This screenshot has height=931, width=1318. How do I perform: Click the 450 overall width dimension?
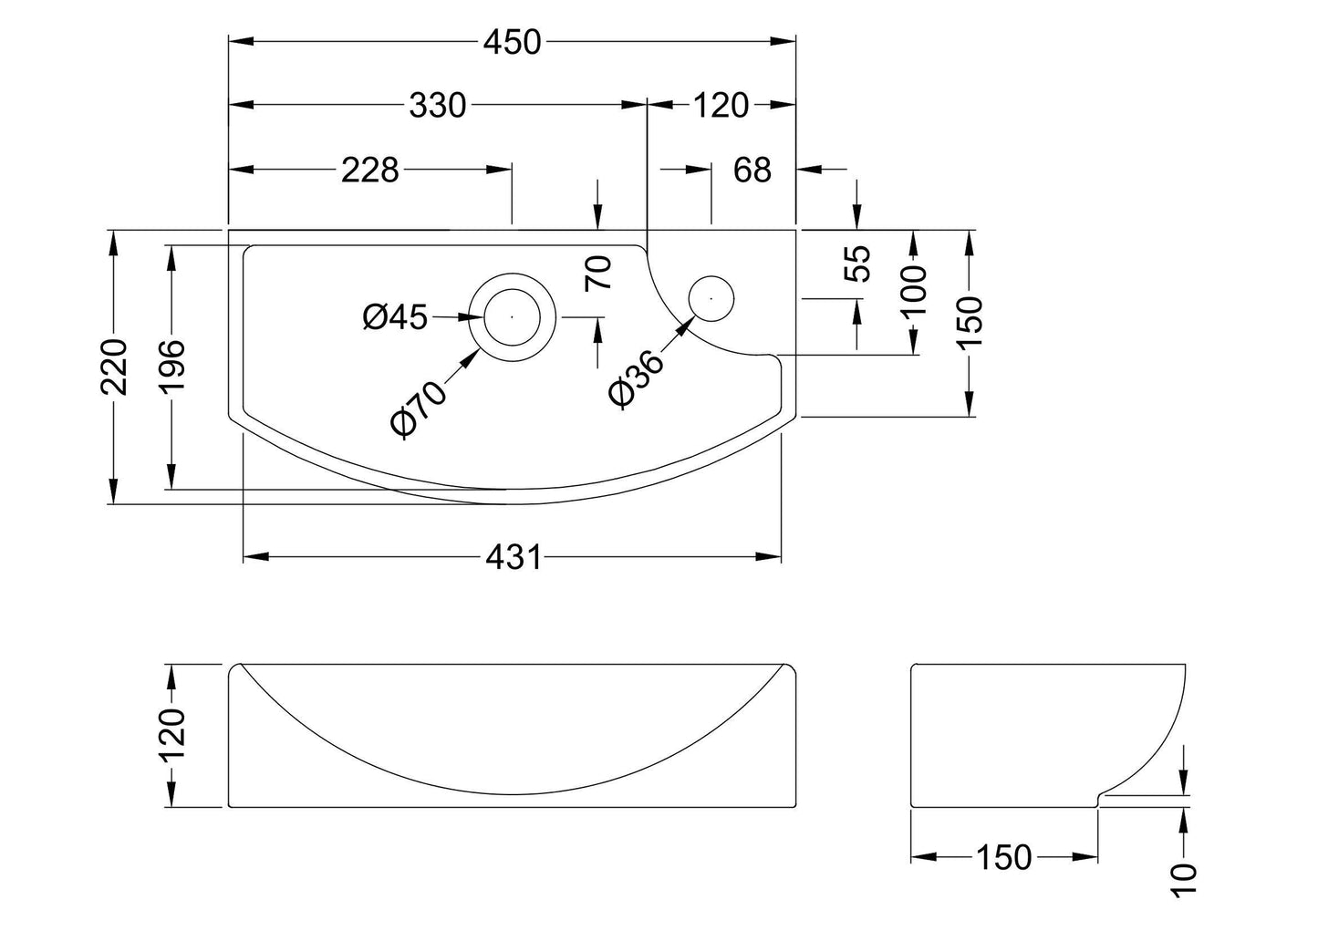tap(512, 42)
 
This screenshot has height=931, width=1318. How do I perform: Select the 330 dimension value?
tap(437, 106)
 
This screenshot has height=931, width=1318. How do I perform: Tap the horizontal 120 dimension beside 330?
tap(721, 106)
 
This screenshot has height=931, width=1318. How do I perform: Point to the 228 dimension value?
tap(370, 170)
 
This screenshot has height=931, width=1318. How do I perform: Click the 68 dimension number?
tap(752, 170)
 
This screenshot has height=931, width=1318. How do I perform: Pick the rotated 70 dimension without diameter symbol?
tap(598, 273)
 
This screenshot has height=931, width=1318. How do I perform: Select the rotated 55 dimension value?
tap(858, 264)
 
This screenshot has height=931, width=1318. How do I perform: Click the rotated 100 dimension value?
tap(913, 291)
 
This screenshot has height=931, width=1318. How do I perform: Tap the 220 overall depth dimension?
tap(114, 366)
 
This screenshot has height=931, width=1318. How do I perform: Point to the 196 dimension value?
tap(171, 366)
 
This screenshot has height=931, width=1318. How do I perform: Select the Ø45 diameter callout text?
tap(395, 317)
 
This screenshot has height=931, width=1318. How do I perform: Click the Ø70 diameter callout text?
tap(418, 409)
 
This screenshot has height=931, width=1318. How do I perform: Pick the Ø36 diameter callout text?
tap(636, 378)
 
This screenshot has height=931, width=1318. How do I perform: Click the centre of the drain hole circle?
tap(512, 316)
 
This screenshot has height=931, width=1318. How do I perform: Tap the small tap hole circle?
tap(711, 296)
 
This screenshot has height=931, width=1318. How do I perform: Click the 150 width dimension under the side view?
tap(1004, 857)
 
